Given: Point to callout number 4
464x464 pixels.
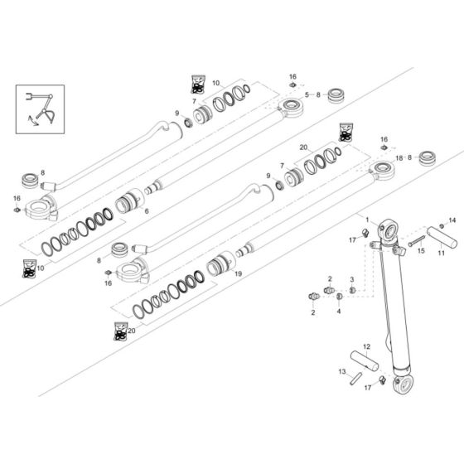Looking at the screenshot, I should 338,312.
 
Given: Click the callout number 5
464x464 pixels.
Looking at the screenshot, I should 306,95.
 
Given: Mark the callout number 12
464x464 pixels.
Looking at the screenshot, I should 365,346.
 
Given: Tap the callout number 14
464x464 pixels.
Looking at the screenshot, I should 452,221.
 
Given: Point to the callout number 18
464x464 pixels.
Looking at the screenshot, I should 399,157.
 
